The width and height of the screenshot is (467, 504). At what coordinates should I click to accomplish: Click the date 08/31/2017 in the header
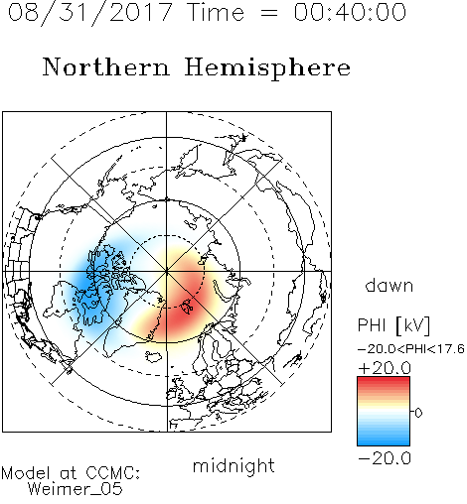click(x=90, y=13)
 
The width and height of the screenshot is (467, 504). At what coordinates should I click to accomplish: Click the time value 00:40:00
click(x=350, y=12)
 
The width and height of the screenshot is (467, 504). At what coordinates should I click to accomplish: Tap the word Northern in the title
click(x=106, y=66)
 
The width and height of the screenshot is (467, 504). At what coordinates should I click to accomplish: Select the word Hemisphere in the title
click(x=267, y=68)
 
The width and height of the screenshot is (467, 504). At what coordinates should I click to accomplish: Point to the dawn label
click(x=389, y=285)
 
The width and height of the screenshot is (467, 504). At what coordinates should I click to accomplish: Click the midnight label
click(x=233, y=465)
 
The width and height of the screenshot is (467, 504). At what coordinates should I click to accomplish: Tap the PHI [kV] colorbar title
click(x=393, y=325)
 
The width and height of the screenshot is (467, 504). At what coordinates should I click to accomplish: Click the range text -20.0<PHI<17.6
click(x=411, y=349)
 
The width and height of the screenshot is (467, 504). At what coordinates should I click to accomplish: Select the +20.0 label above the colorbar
click(x=385, y=368)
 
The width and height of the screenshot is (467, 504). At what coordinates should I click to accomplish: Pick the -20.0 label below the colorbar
click(x=385, y=458)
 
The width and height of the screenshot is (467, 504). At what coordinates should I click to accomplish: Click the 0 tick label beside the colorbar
click(x=418, y=413)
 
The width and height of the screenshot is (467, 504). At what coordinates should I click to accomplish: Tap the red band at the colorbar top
click(x=384, y=382)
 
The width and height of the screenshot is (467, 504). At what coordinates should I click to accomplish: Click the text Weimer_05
click(x=76, y=489)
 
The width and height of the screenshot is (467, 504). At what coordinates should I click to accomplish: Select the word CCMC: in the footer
click(x=112, y=473)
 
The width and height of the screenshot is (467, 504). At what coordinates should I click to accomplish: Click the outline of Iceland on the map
click(x=154, y=356)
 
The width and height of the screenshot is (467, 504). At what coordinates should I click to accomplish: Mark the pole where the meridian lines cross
click(x=167, y=271)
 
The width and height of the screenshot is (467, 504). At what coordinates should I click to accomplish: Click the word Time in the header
click(x=216, y=12)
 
